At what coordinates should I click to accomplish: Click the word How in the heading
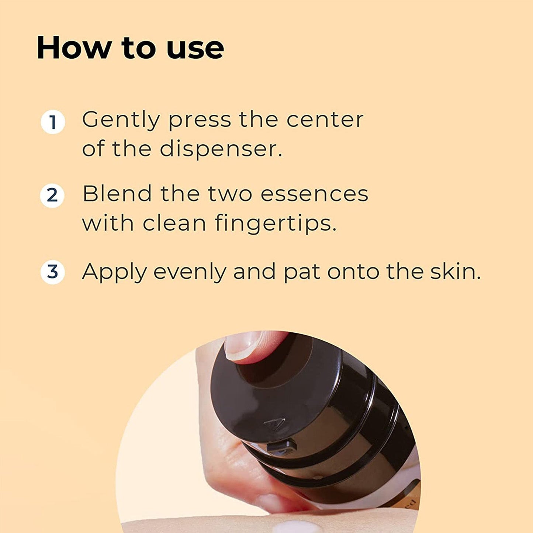[x=74, y=48]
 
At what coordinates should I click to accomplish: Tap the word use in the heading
[x=195, y=48]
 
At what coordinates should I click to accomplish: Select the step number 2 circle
[x=52, y=195]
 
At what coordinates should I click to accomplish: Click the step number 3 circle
[x=52, y=271]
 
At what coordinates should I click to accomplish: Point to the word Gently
[x=121, y=120]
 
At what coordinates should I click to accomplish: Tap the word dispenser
[x=221, y=149]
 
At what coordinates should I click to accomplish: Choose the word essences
[x=314, y=194]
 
